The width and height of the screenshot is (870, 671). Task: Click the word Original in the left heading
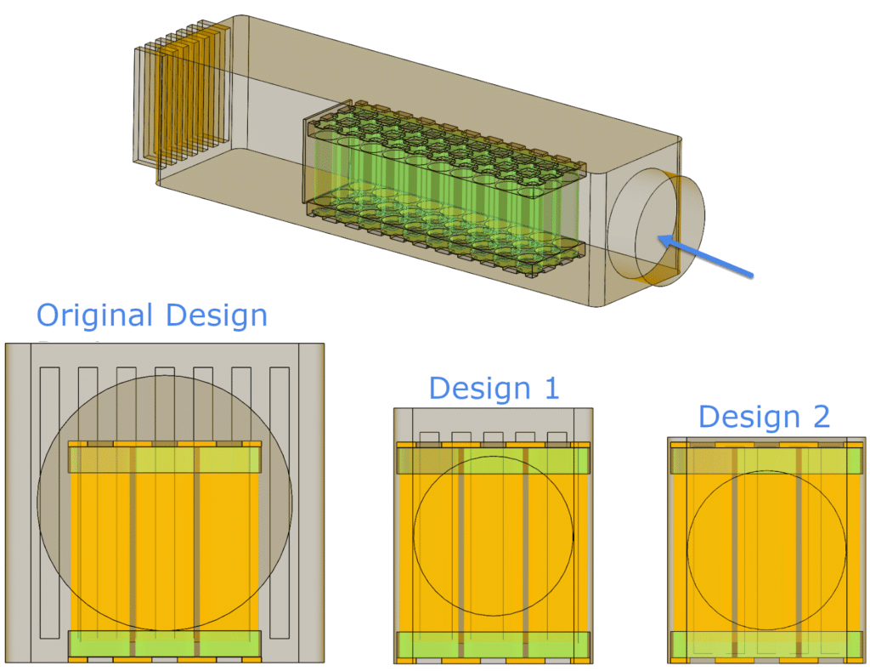pyautogui.click(x=94, y=316)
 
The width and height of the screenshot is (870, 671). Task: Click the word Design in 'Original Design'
pyautogui.click(x=217, y=316)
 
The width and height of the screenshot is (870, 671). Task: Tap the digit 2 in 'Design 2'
pyautogui.click(x=822, y=416)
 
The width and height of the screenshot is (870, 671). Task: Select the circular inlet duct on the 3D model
pyautogui.click(x=656, y=227)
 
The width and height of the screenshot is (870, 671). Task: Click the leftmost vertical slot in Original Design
pyautogui.click(x=50, y=502)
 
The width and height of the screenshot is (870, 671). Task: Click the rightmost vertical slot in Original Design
pyautogui.click(x=280, y=502)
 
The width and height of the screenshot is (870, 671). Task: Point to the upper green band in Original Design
pyautogui.click(x=164, y=459)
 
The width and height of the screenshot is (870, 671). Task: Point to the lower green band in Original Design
pyautogui.click(x=164, y=643)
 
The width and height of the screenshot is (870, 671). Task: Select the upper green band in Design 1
pyautogui.click(x=494, y=460)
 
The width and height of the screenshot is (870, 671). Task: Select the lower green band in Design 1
pyautogui.click(x=494, y=645)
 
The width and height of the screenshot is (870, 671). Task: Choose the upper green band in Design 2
pyautogui.click(x=766, y=460)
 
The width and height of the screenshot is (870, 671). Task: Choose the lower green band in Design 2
pyautogui.click(x=766, y=645)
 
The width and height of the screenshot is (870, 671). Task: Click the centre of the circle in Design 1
pyautogui.click(x=494, y=536)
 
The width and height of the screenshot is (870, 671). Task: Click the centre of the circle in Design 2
pyautogui.click(x=766, y=550)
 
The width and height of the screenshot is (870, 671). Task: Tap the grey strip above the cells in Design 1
pyautogui.click(x=494, y=425)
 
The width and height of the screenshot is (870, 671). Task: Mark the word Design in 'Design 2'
pyautogui.click(x=749, y=416)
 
